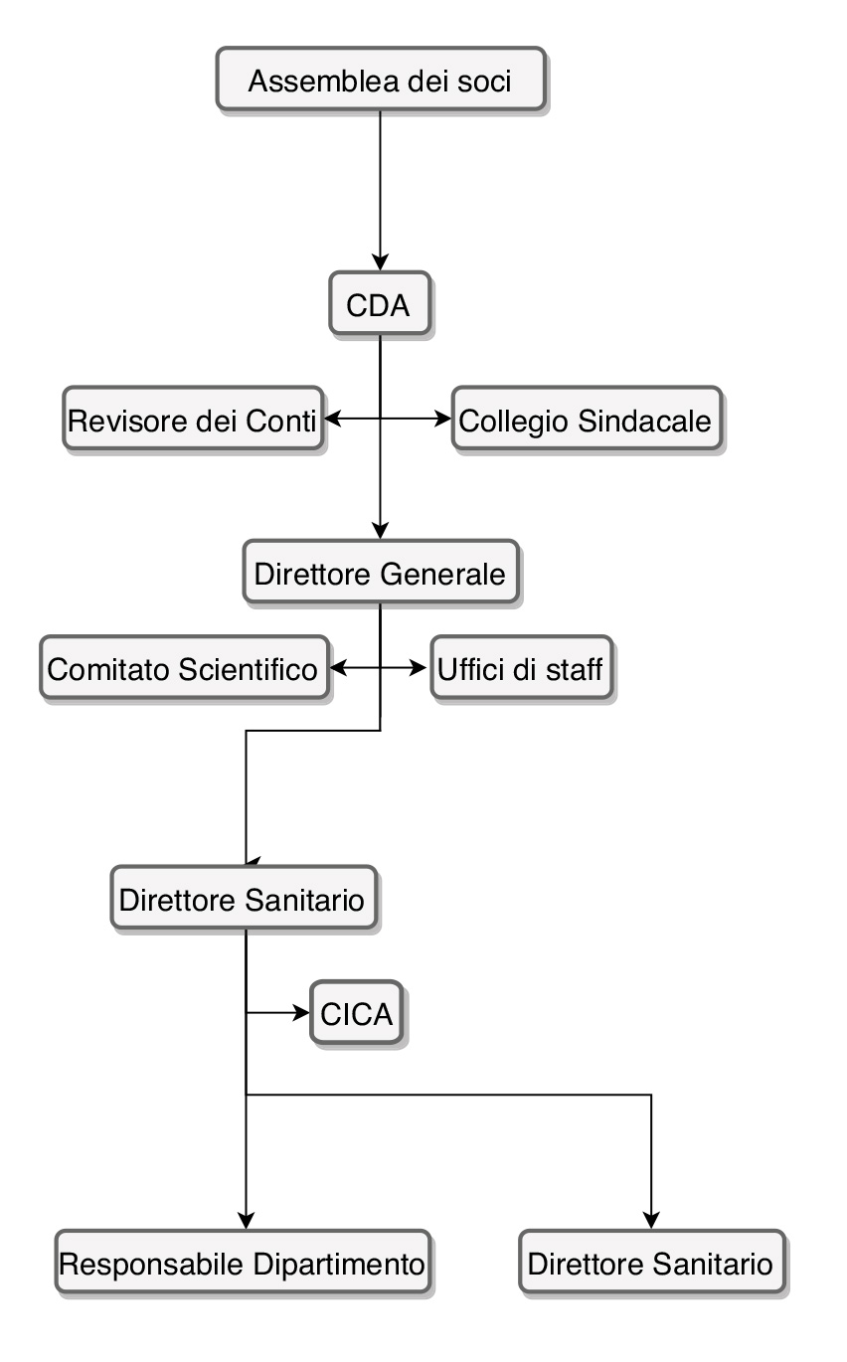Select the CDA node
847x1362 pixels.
click(x=380, y=303)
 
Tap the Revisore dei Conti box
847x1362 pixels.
click(x=193, y=420)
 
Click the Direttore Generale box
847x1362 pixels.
click(x=381, y=574)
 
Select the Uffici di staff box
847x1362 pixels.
click(x=519, y=668)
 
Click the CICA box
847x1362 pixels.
click(x=357, y=1014)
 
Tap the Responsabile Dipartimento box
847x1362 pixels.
click(x=244, y=1264)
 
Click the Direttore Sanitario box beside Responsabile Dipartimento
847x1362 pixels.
click(x=651, y=1264)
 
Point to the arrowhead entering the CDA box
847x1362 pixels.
click(x=381, y=263)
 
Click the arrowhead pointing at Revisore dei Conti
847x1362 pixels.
click(x=334, y=420)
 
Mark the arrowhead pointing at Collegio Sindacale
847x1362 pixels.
click(x=444, y=420)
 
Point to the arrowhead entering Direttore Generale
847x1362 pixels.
click(x=381, y=532)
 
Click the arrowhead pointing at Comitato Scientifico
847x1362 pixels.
click(x=338, y=668)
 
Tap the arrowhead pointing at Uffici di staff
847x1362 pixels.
click(x=421, y=668)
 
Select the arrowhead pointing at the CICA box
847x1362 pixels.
click(x=302, y=1014)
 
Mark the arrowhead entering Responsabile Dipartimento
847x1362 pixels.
click(x=246, y=1220)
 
